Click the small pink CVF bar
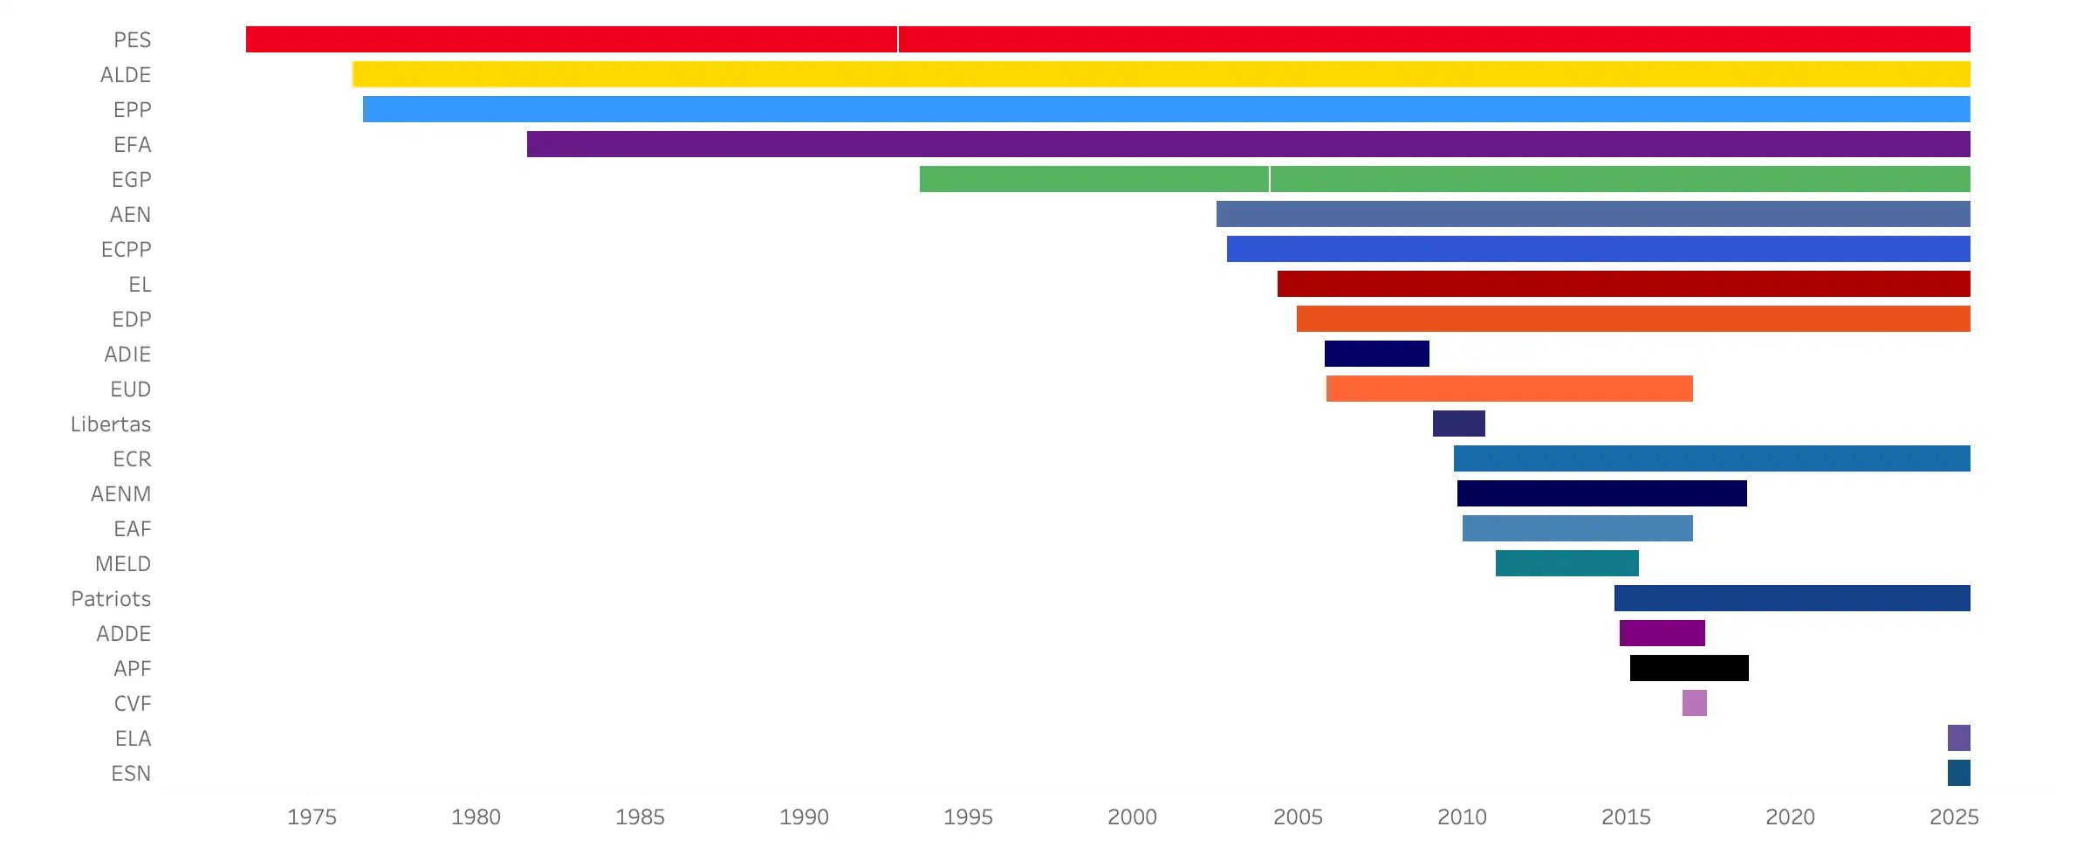point(1694,703)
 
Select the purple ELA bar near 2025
point(1958,738)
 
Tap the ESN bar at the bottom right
point(1958,773)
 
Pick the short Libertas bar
point(1458,424)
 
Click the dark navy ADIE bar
point(1376,354)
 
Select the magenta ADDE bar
point(1662,633)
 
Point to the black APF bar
point(1689,668)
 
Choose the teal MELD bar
point(1566,563)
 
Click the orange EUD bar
point(1509,389)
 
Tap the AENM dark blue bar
point(1601,493)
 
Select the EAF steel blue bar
point(1577,528)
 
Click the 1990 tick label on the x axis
point(804,817)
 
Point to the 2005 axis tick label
point(1298,817)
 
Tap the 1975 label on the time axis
point(312,817)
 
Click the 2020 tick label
point(1790,817)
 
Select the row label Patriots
point(111,599)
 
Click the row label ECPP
point(126,250)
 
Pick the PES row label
point(132,40)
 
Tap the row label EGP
point(131,180)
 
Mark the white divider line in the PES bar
point(897,39)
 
